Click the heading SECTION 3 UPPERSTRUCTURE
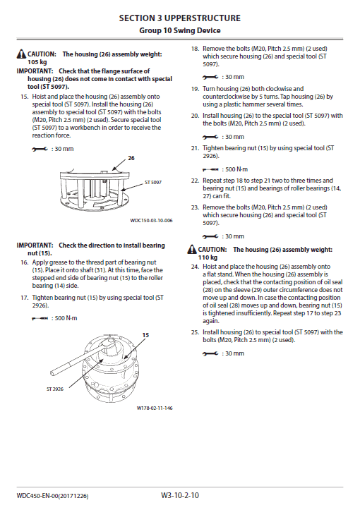pos(179,17)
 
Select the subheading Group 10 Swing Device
pos(179,30)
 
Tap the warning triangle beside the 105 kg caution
pos(21,54)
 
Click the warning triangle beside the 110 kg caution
pos(192,250)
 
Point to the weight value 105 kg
pos(28,62)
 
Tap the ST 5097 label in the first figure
pos(153,182)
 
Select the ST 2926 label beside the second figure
pos(55,388)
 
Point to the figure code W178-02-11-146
pos(155,408)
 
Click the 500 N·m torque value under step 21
pos(234,170)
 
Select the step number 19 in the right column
pos(194,90)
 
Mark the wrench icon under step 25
pos(210,353)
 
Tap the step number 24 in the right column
pos(194,267)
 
